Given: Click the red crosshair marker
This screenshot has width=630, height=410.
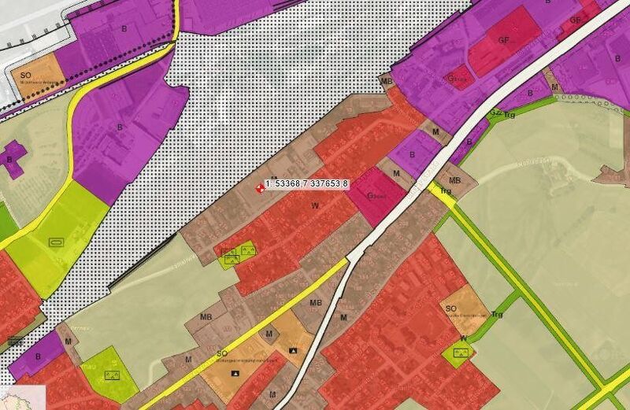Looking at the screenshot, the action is pyautogui.click(x=261, y=187).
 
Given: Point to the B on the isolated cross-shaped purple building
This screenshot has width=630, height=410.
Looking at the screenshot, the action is pyautogui.click(x=10, y=159).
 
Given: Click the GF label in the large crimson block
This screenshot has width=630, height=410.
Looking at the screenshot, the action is pyautogui.click(x=504, y=39).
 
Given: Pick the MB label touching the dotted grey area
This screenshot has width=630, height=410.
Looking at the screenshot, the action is pyautogui.click(x=386, y=81).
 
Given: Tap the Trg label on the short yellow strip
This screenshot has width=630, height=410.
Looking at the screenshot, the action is pyautogui.click(x=445, y=191).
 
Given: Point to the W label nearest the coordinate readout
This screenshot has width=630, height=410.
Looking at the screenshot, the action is pyautogui.click(x=315, y=205).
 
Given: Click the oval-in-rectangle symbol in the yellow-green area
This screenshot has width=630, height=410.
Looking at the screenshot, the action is pyautogui.click(x=55, y=242).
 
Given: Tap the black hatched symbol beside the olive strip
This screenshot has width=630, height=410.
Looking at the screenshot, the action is pyautogui.click(x=14, y=340).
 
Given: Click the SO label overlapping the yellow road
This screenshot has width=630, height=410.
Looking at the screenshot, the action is pyautogui.click(x=223, y=355).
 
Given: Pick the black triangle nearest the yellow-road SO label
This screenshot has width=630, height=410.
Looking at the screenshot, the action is pyautogui.click(x=234, y=371).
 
